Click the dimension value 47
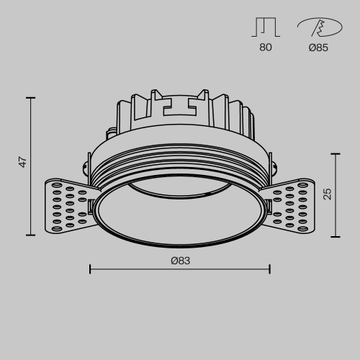(23, 163)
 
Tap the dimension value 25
(328, 193)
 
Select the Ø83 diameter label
(180, 261)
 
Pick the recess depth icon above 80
(264, 28)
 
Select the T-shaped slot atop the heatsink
(180, 107)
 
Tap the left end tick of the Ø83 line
(89, 269)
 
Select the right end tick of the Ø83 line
(269, 269)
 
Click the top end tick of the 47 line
(30, 97)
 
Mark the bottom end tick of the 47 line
(30, 235)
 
